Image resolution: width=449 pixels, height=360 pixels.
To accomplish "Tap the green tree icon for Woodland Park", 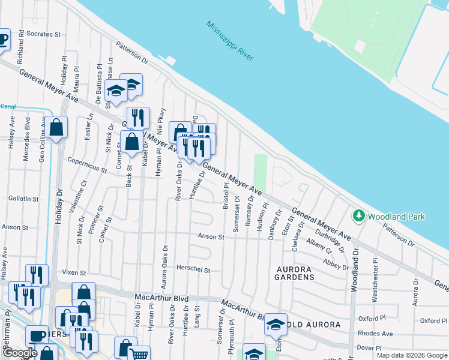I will coord(358,215).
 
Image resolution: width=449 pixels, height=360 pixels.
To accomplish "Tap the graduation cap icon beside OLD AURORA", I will coord(276,325).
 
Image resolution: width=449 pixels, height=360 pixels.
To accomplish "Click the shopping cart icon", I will coord(139,354).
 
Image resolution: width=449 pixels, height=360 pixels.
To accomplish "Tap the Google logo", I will coord(20,353).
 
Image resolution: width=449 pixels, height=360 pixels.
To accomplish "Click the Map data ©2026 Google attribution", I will coord(411,355).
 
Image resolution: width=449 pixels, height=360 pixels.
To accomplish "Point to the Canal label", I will coord(8,106).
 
